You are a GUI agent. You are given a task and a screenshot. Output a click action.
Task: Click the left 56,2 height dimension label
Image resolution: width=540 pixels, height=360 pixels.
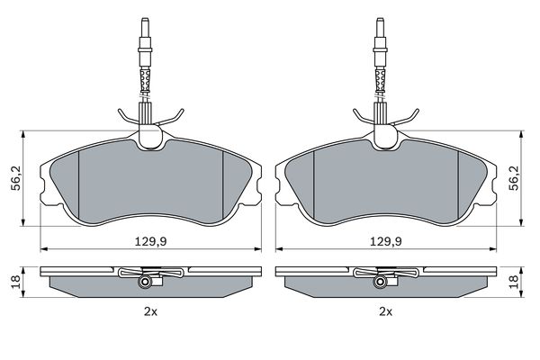17,178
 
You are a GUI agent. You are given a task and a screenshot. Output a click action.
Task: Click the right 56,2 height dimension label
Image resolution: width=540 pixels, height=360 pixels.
515,178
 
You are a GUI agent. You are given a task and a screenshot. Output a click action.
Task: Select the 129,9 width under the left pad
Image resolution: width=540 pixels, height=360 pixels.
150,241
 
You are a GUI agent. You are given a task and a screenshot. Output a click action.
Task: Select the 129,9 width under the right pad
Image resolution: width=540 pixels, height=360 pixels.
386,241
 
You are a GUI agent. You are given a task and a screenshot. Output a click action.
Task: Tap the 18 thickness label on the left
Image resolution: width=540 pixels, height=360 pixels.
17,282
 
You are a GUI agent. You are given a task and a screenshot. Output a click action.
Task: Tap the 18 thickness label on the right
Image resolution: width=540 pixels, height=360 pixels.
515,282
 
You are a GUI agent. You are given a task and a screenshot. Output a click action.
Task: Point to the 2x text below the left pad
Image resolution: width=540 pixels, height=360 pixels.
150,312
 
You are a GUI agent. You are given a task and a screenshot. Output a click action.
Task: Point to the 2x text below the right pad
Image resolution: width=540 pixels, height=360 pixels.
386,312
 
